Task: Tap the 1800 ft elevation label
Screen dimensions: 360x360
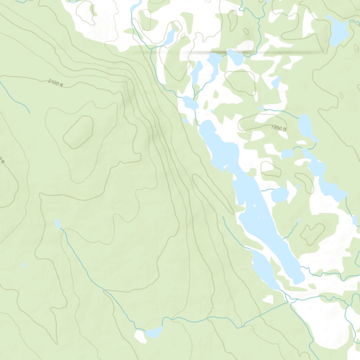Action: click(279, 128)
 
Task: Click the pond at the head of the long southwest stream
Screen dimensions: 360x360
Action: click(57, 224)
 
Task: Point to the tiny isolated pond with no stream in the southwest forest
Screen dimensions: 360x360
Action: click(24, 265)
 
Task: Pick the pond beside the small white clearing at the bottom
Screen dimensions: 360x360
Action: click(154, 331)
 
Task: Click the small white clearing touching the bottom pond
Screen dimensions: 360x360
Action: click(140, 336)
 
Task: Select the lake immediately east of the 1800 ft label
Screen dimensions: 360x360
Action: click(305, 127)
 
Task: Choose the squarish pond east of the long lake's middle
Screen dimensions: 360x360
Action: click(280, 194)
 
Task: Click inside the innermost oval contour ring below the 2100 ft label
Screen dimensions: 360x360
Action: click(78, 131)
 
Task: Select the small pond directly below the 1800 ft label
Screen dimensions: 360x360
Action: click(287, 154)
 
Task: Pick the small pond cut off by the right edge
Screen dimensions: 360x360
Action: click(355, 220)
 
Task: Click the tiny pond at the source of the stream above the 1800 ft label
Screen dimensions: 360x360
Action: click(261, 108)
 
